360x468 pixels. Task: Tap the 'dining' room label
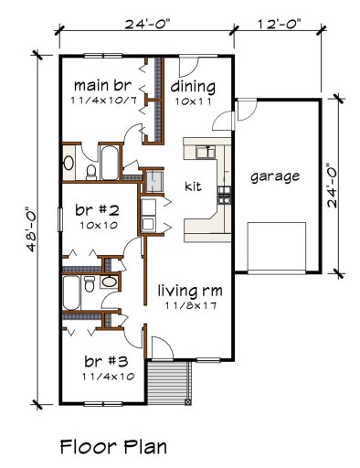click(x=193, y=88)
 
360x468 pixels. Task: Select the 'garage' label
click(x=275, y=175)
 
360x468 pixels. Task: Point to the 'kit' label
click(x=193, y=186)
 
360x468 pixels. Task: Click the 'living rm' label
click(x=190, y=291)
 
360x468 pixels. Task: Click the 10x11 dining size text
click(x=193, y=103)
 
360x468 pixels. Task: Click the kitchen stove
click(x=223, y=194)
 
